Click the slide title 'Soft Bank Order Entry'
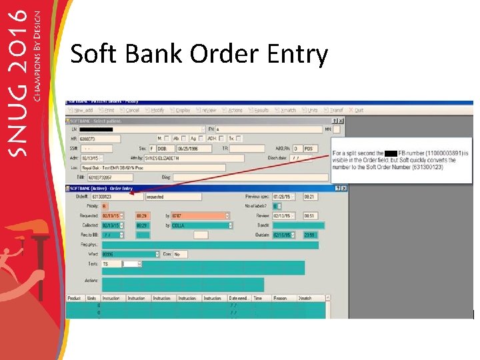(199, 55)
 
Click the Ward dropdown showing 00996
(130, 254)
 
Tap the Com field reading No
(180, 254)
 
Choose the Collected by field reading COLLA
(199, 225)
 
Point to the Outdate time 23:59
(311, 235)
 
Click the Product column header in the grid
(75, 298)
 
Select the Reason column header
(280, 298)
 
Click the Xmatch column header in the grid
(305, 298)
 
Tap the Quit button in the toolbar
(358, 110)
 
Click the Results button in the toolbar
(260, 110)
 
